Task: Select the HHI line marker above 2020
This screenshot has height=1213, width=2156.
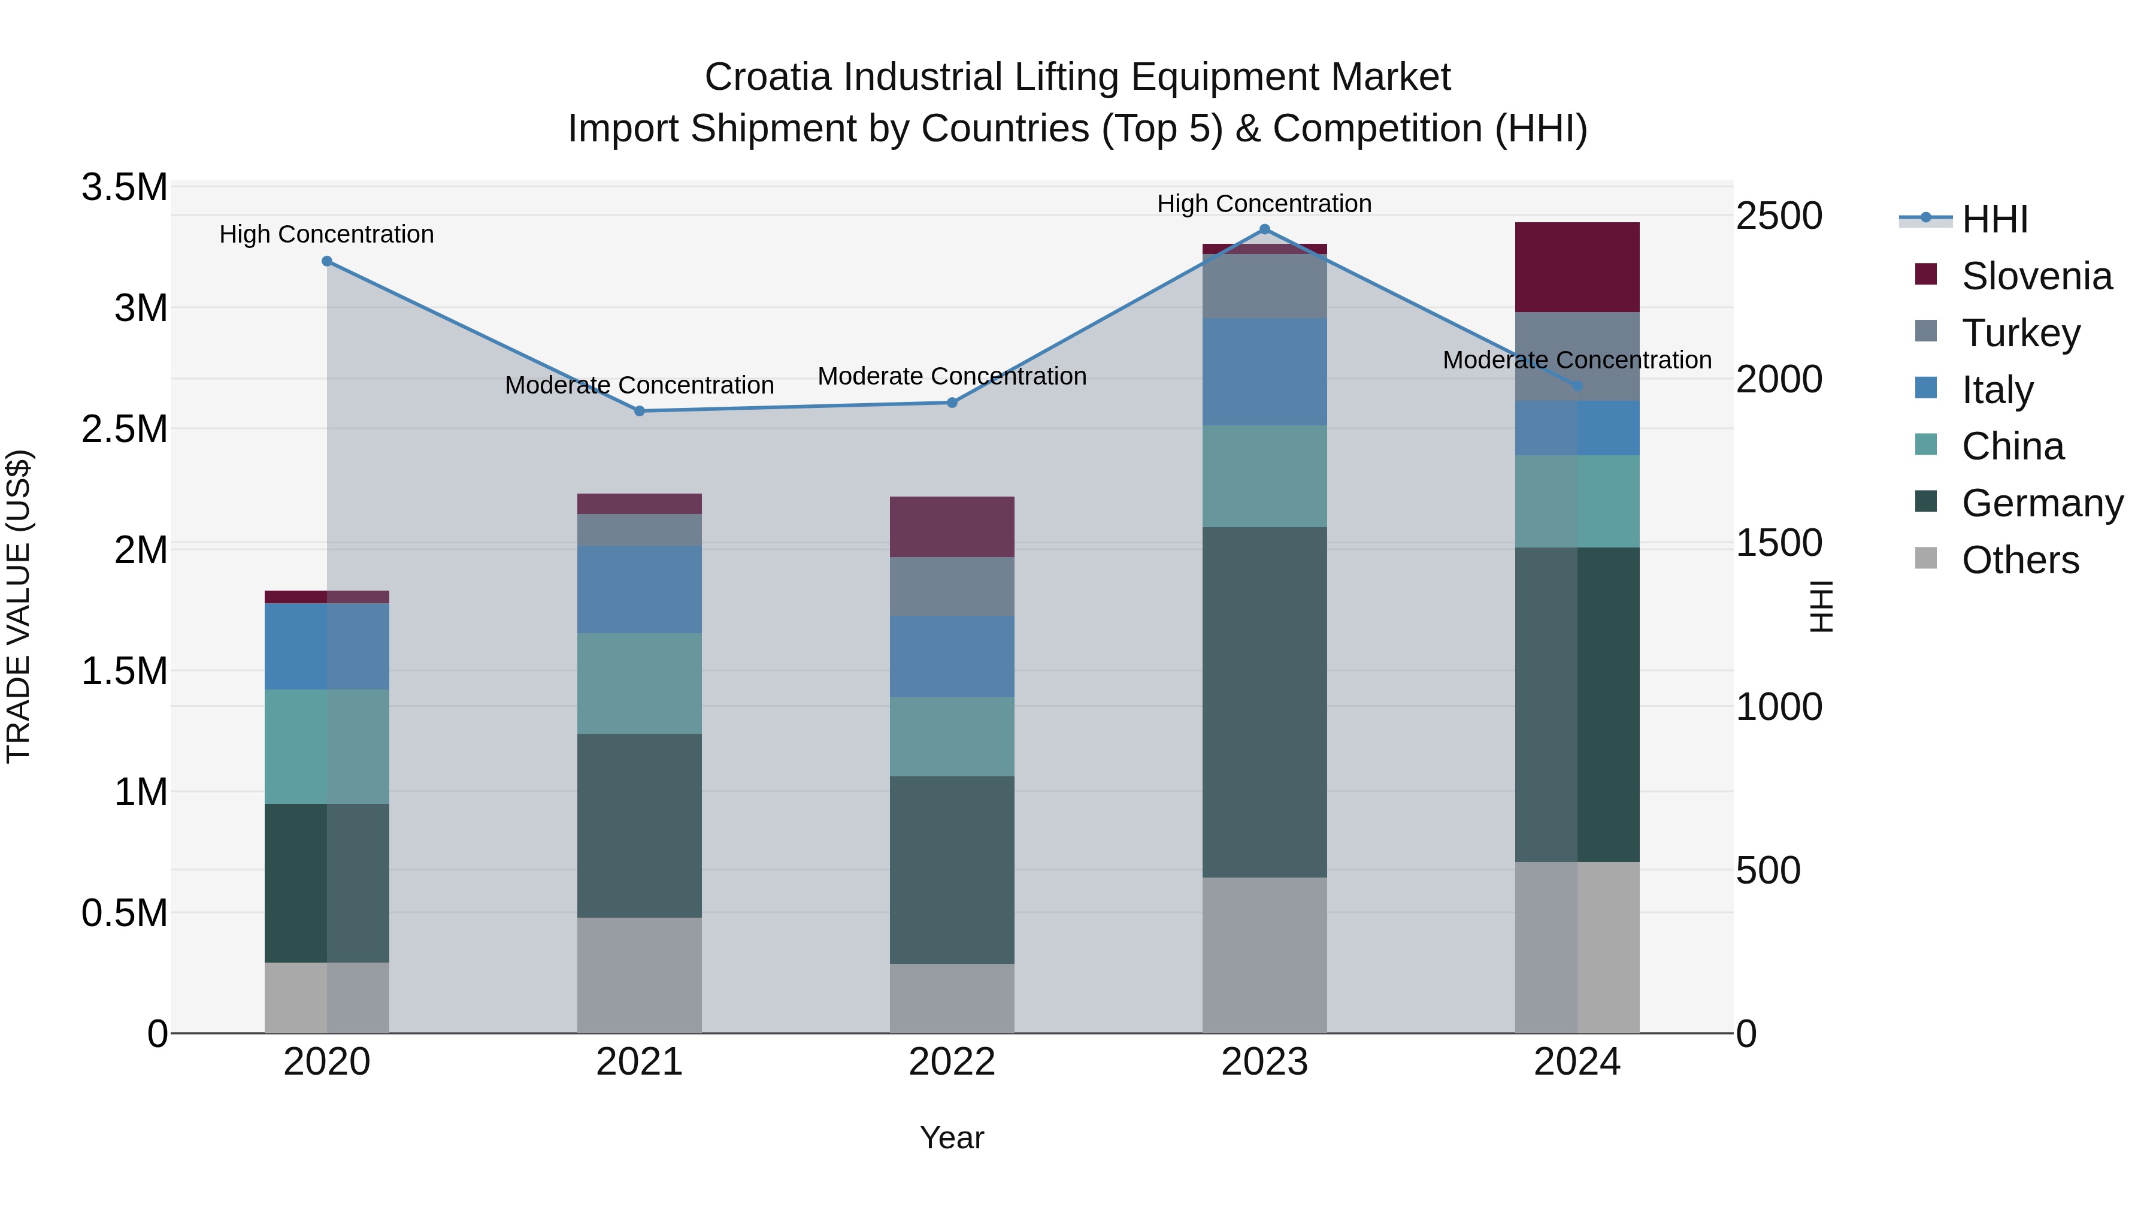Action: tap(327, 261)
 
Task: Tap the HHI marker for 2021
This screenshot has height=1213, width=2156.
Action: tap(640, 411)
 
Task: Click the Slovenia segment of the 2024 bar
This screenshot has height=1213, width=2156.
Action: tap(1577, 267)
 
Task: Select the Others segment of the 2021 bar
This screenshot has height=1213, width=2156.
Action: tap(640, 975)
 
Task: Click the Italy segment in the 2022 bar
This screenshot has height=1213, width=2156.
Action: tap(952, 657)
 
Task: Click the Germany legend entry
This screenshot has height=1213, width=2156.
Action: tap(2042, 503)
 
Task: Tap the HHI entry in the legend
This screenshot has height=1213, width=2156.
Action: tap(1994, 219)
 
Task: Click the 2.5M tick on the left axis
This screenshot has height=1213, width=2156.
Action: tap(125, 429)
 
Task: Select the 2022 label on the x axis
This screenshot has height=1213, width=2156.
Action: tap(952, 1062)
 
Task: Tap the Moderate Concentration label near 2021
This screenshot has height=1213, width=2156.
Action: tap(640, 385)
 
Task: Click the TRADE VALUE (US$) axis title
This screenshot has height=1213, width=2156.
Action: tap(19, 606)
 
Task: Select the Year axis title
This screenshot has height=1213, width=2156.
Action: tap(952, 1138)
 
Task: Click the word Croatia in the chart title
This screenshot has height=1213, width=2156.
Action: tap(768, 77)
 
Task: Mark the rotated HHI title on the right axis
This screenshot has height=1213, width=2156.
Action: tap(1821, 606)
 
